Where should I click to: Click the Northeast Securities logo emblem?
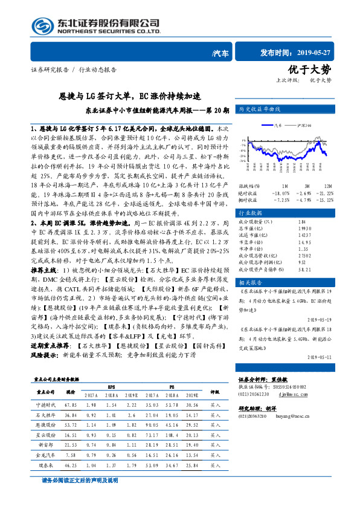point(40,26)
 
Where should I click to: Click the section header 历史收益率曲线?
point(260,109)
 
